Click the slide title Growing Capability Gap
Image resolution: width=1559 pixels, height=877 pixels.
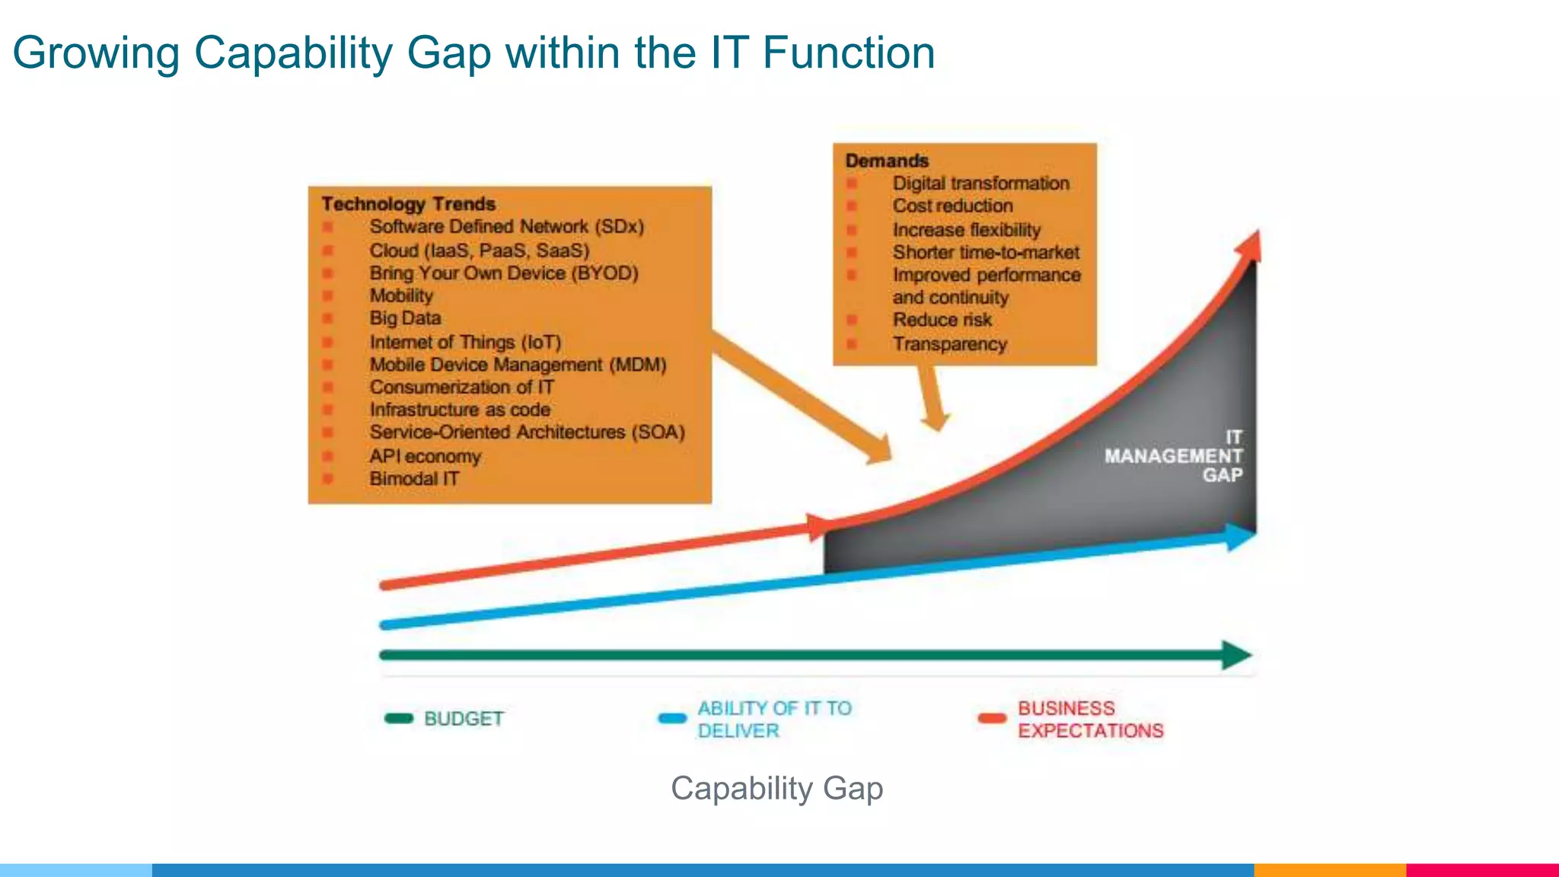(x=473, y=53)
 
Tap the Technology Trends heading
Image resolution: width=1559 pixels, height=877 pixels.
(x=408, y=204)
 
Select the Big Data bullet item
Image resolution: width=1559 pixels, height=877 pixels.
(x=405, y=318)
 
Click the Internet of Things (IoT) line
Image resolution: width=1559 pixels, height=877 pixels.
(x=465, y=342)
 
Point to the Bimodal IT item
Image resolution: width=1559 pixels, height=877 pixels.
(x=414, y=479)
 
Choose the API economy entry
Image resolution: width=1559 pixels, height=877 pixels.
(x=425, y=456)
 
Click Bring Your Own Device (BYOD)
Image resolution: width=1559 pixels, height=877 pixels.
(x=503, y=273)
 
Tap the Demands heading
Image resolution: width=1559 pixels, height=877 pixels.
(x=887, y=161)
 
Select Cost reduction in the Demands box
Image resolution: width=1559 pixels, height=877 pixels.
(x=952, y=206)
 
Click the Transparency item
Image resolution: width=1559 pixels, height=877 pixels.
(x=949, y=344)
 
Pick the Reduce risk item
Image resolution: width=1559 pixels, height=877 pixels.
(x=942, y=320)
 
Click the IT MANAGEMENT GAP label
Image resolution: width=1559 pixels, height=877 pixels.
(x=1174, y=456)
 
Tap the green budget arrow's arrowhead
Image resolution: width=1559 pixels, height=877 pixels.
(x=1236, y=655)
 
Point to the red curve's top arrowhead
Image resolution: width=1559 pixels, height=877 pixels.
(x=1249, y=248)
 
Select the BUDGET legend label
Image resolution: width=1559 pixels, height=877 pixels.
(x=464, y=719)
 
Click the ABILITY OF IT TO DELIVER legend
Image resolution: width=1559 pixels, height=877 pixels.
(x=773, y=719)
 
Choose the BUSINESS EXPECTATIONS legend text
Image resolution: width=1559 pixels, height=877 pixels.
(x=1090, y=719)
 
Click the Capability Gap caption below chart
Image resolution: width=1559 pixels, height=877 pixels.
(x=776, y=789)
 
